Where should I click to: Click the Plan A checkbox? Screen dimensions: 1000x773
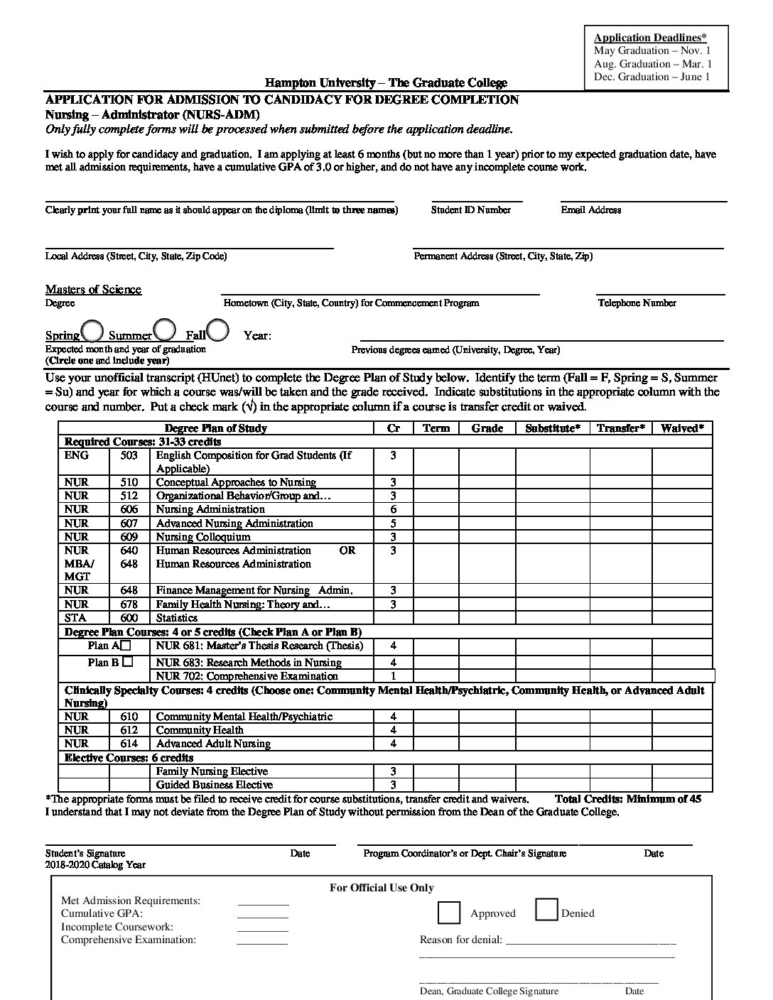126,646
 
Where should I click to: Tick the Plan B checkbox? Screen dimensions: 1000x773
127,661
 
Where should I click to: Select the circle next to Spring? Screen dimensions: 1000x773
92,330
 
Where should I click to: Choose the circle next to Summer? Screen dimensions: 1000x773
165,330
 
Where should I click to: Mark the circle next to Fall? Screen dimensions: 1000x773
218,330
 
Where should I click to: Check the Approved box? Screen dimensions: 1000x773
449,913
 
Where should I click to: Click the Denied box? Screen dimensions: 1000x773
546,910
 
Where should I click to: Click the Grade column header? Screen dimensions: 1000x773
487,428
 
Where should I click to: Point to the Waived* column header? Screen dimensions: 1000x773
682,428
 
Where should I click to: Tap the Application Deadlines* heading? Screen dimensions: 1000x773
650,38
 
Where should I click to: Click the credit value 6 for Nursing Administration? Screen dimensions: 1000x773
393,509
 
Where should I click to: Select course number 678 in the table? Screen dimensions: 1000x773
129,604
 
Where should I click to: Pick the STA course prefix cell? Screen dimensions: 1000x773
75,618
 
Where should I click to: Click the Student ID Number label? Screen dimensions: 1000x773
470,210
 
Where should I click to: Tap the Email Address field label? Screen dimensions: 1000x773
590,210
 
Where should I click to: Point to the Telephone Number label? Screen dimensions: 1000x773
637,303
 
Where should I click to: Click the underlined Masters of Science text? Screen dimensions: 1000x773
93,289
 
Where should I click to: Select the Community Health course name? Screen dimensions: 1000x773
200,730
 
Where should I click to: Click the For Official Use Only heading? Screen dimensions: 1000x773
382,888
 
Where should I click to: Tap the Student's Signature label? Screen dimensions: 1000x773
85,854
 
